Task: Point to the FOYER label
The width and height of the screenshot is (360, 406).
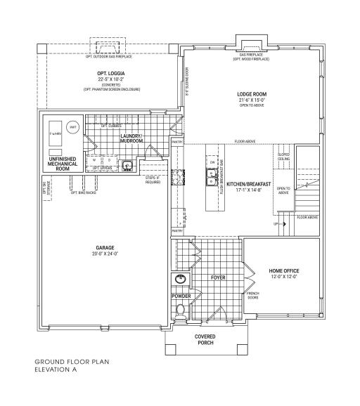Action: pyautogui.click(x=217, y=277)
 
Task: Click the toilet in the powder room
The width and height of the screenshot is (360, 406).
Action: pyautogui.click(x=179, y=309)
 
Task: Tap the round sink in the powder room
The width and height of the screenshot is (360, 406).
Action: pyautogui.click(x=180, y=280)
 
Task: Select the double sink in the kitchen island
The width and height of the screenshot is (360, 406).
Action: pyautogui.click(x=209, y=178)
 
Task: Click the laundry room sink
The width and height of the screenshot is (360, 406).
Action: pyautogui.click(x=127, y=166)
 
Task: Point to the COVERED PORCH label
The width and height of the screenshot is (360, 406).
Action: pyautogui.click(x=205, y=340)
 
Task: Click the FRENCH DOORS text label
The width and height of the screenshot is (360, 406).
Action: pyautogui.click(x=252, y=295)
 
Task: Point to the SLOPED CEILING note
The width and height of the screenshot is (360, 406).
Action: pyautogui.click(x=283, y=156)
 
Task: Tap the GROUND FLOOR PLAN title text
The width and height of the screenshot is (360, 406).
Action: pyautogui.click(x=72, y=362)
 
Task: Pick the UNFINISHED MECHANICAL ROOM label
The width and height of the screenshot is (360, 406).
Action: pyautogui.click(x=62, y=164)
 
